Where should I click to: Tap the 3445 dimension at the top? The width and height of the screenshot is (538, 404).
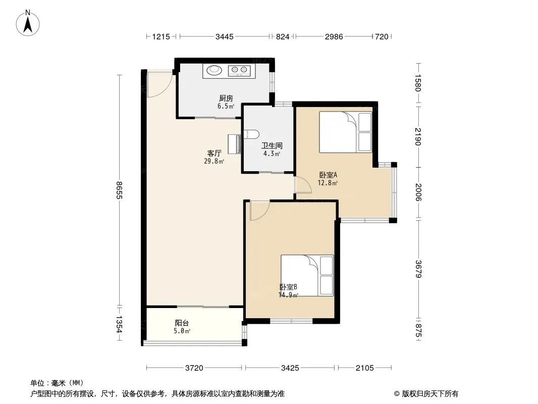(225, 36)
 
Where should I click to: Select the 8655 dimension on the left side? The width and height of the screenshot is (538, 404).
(119, 190)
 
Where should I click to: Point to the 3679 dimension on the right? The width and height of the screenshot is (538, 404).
(418, 269)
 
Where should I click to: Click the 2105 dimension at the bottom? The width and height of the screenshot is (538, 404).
(365, 368)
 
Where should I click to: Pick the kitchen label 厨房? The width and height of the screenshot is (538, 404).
(226, 98)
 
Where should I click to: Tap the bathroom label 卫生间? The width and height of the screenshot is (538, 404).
(272, 146)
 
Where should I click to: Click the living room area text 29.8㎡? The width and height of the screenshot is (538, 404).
(214, 161)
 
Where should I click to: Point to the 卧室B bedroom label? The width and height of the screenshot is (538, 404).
(288, 287)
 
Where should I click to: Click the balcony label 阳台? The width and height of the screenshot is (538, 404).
(182, 323)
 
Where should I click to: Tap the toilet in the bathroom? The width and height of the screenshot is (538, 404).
(251, 134)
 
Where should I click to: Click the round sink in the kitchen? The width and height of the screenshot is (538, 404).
(214, 70)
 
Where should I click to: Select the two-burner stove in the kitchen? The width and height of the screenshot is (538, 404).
(239, 71)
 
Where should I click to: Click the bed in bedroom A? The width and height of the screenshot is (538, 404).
(346, 132)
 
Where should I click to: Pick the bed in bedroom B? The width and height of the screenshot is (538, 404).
(307, 275)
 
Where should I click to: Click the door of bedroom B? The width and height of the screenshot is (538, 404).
(260, 211)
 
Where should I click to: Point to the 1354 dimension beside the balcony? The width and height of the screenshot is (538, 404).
(119, 324)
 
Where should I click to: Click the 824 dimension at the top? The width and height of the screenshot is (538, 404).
(283, 36)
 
